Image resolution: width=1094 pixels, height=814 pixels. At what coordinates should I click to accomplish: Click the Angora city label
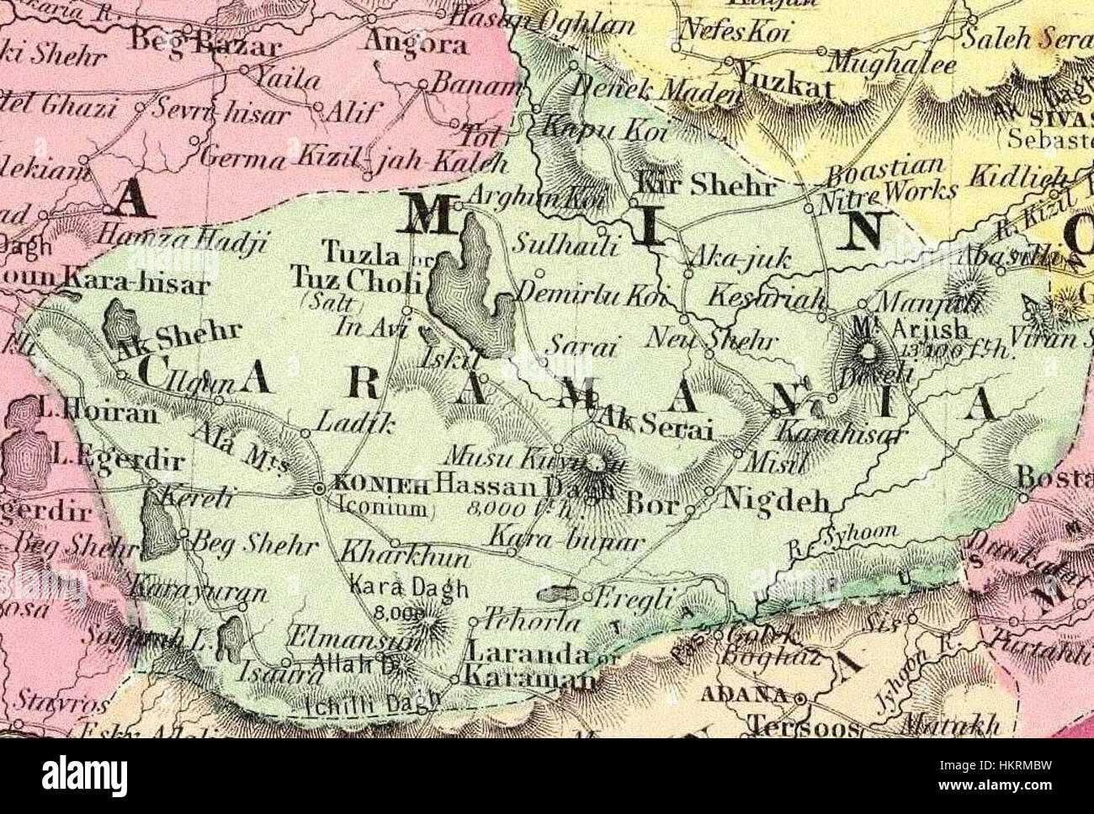[x=415, y=43]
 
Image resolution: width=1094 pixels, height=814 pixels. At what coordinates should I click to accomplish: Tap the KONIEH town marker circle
[x=319, y=488]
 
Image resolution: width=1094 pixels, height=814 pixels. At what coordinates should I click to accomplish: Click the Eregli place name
[x=634, y=599]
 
